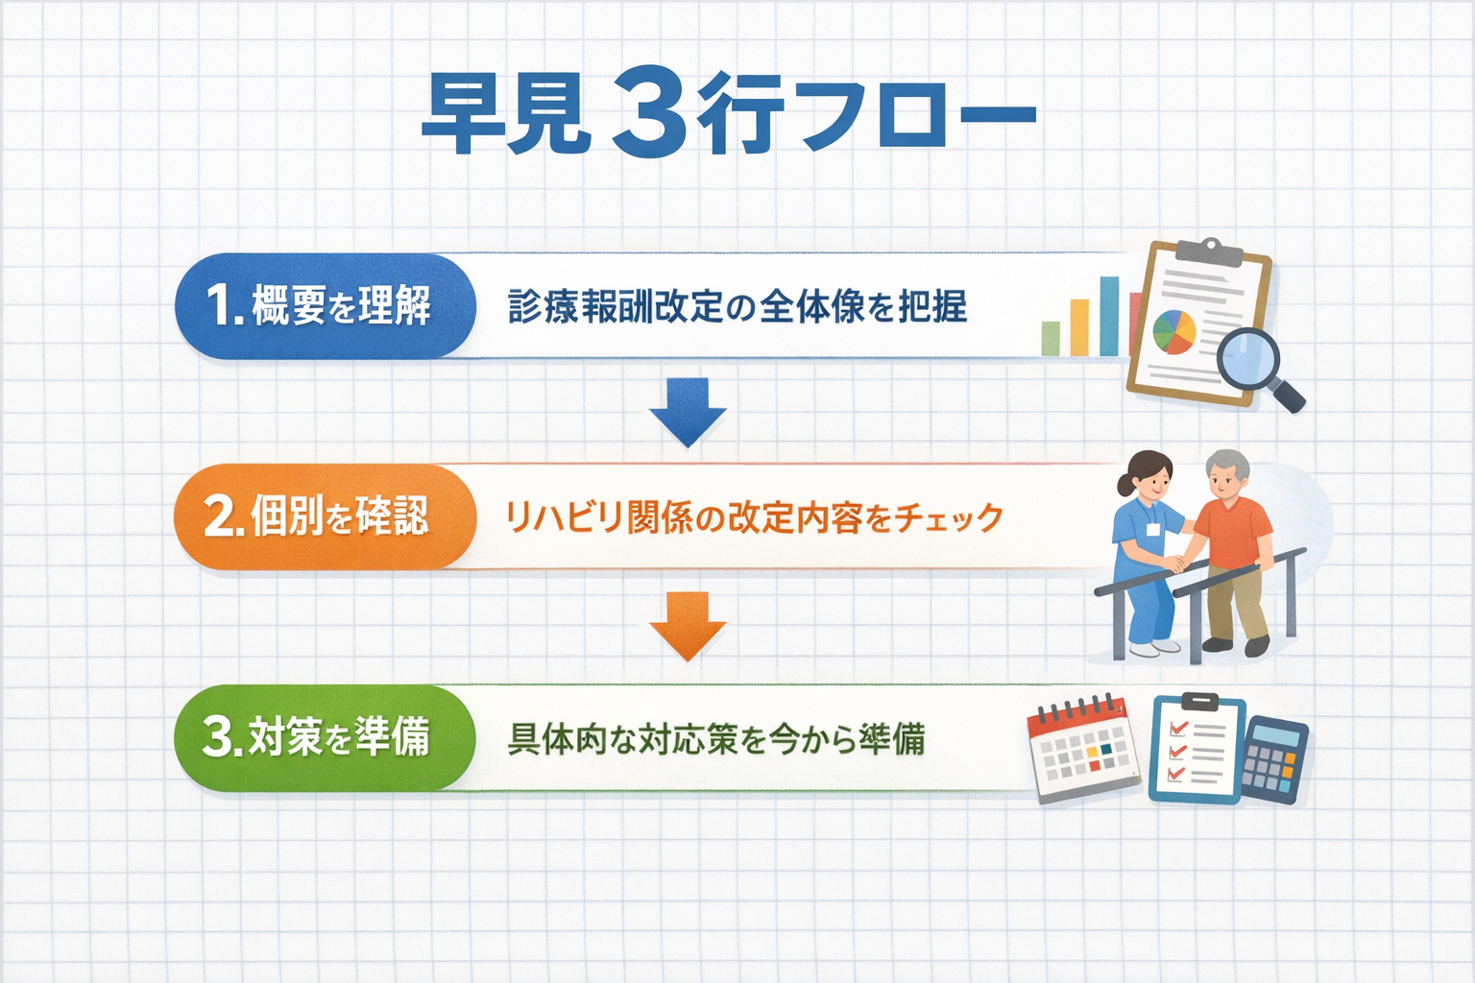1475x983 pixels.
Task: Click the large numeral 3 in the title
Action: [x=650, y=115]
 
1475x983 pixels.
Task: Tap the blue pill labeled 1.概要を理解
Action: [x=325, y=306]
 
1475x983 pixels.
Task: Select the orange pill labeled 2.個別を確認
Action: [x=325, y=516]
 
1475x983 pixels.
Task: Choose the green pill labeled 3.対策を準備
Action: [x=325, y=737]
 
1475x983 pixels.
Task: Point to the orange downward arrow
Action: [x=688, y=626]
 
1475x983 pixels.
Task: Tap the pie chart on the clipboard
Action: [x=1174, y=332]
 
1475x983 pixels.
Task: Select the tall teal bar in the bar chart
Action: [x=1109, y=316]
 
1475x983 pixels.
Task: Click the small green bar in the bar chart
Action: [x=1051, y=338]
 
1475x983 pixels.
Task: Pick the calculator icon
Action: [x=1272, y=758]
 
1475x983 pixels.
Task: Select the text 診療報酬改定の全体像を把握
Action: [x=737, y=307]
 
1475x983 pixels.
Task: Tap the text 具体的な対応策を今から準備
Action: [x=715, y=739]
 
